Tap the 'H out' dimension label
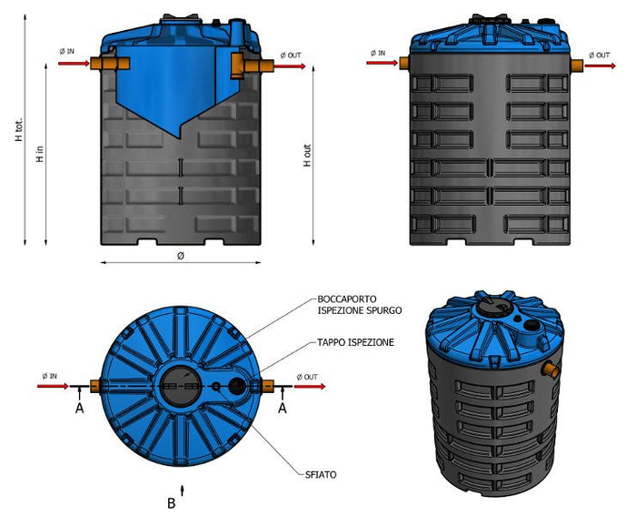point(306,154)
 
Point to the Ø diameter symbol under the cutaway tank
point(181,256)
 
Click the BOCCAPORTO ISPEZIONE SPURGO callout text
point(360,305)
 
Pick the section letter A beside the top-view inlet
point(81,409)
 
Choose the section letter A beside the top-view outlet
point(283,409)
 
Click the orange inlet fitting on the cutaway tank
point(110,63)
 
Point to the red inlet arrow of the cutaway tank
point(72,64)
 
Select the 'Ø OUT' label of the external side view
point(601,55)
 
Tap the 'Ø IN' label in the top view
point(51,376)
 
